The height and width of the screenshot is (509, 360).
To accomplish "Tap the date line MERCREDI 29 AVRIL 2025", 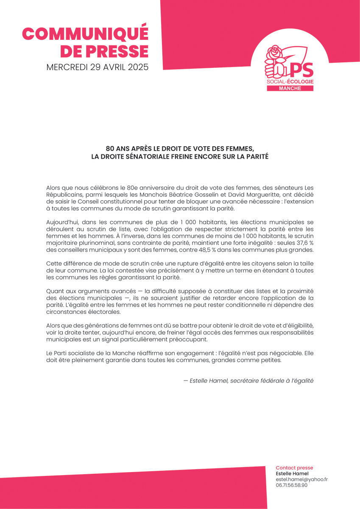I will [x=97, y=67].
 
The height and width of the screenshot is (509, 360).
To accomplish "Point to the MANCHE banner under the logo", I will [x=290, y=88].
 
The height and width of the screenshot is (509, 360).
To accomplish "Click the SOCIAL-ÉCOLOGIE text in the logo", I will [x=290, y=81].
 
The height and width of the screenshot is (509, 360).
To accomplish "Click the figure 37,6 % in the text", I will [x=301, y=242].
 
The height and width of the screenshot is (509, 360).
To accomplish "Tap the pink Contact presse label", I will [x=294, y=467].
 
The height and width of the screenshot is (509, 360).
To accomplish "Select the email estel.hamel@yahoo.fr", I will [x=301, y=479].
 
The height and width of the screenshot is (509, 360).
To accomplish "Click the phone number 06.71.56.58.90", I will [x=292, y=485].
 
